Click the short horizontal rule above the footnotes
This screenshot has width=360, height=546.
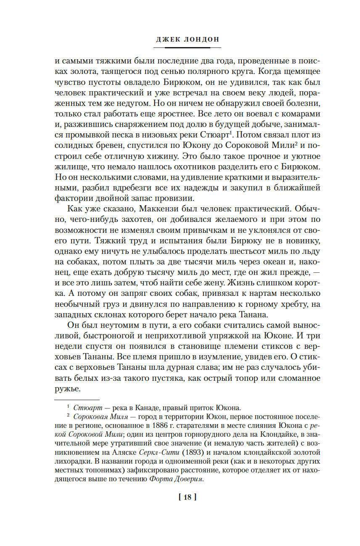pos(77,399)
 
